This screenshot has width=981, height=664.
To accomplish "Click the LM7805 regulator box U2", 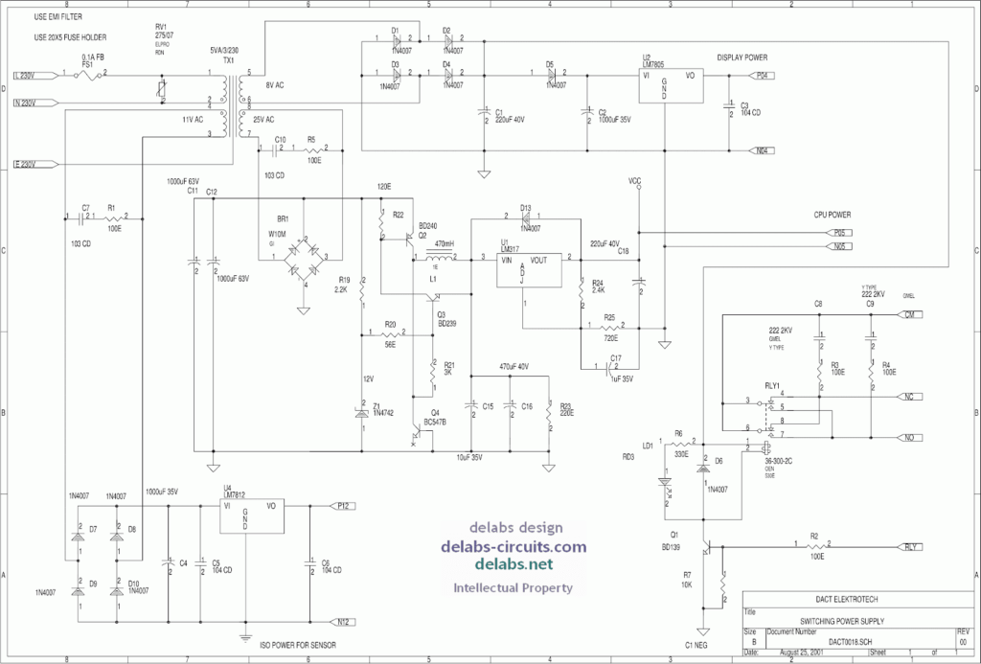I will tap(669, 85).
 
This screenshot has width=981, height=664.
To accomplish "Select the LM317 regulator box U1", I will tap(525, 269).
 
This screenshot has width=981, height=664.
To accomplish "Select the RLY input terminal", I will tap(910, 547).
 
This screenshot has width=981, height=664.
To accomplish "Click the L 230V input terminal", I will tap(25, 75).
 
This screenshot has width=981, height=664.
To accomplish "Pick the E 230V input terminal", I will tap(25, 164).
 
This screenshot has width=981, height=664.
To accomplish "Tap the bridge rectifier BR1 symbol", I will tap(304, 257).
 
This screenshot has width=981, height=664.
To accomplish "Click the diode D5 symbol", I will tap(551, 75).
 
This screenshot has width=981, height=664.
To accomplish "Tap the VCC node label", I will tap(635, 180).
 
